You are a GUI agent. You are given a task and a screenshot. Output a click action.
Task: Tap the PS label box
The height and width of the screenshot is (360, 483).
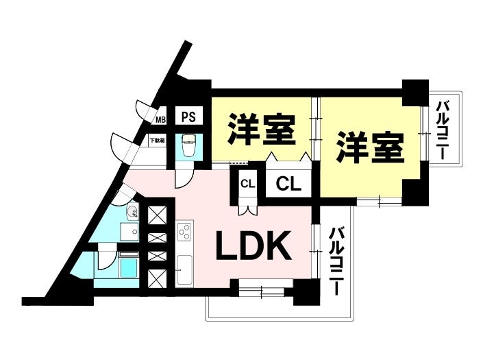pos(188,117)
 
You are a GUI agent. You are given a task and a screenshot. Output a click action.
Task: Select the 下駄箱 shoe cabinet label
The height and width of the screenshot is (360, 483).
pos(158,141)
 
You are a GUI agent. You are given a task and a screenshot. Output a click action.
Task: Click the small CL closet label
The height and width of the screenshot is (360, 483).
pos(247,183)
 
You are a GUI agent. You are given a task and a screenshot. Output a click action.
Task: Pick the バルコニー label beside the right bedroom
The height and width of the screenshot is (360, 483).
pos(443,130)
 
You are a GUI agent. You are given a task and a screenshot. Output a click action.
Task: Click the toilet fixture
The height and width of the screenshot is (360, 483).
pos(189,145)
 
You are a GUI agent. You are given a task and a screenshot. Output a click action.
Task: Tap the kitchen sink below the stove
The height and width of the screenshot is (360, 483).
pos(184,268)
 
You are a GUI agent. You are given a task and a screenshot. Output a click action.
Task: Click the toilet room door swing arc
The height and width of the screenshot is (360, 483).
pos(184,176)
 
